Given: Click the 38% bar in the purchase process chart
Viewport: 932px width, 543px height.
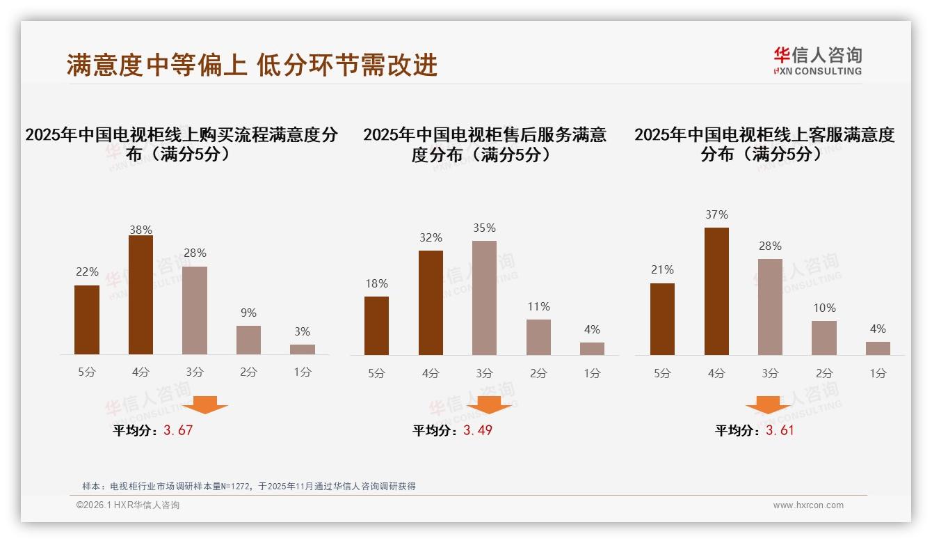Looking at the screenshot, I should tap(140, 295).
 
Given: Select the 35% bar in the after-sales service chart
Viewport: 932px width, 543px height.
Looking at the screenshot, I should tap(484, 298).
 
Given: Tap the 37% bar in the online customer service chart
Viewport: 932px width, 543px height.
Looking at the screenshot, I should tap(716, 291).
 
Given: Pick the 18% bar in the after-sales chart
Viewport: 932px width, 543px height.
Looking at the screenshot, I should tap(376, 326).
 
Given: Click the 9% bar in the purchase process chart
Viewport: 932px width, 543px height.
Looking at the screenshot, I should tap(248, 340).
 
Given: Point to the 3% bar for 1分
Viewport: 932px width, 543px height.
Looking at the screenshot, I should tap(303, 349).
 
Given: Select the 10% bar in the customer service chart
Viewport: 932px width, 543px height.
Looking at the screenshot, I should tap(824, 338).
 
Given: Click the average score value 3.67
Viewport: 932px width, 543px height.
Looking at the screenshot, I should tap(178, 430).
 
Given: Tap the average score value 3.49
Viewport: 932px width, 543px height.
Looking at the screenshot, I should tap(478, 430).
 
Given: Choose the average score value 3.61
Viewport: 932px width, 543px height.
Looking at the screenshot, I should tap(780, 430).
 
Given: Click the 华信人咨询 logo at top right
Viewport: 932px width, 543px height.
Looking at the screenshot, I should tap(817, 61).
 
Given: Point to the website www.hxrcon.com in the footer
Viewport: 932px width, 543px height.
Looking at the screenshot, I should tap(808, 505).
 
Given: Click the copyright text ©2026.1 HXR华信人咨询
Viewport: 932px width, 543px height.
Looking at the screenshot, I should tap(128, 505).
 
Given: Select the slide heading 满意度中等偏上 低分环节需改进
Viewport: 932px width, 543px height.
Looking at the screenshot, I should tap(252, 65).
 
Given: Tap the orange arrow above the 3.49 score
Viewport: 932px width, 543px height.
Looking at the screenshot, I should tap(489, 405).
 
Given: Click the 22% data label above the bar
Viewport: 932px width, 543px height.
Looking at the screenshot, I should tap(87, 271).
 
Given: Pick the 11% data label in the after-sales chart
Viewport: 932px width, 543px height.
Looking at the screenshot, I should tap(538, 306).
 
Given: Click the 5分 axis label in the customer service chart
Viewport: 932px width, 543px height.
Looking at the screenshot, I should tap(662, 373).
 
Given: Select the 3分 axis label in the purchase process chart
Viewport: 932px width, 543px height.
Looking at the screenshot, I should tap(195, 372).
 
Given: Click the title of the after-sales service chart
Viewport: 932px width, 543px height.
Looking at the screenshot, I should tap(484, 144).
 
